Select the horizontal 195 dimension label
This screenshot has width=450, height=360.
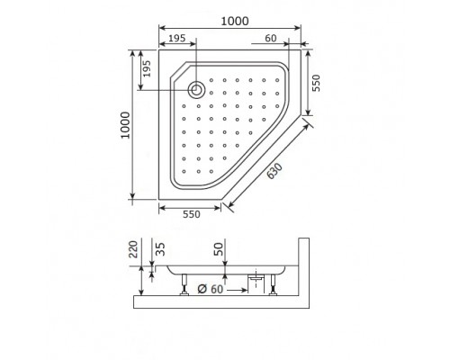click(175, 39)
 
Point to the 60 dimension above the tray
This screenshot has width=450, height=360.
click(271, 39)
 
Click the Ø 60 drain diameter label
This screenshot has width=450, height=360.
click(211, 290)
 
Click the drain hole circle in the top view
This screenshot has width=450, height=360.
click(196, 88)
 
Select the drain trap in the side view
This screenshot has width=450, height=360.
click(260, 283)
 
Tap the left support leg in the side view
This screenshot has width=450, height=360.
click(185, 287)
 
